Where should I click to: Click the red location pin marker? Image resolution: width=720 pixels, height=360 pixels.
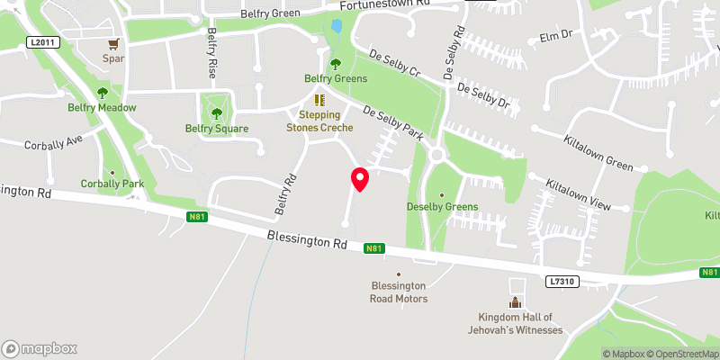(x=360, y=179)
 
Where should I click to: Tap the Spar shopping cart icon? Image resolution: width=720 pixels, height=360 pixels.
(x=113, y=43)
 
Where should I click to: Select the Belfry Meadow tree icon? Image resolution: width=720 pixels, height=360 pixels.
(x=103, y=92)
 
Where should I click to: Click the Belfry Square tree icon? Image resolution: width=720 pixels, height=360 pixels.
(x=216, y=112)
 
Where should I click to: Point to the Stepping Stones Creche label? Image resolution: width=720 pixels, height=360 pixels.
(x=319, y=121)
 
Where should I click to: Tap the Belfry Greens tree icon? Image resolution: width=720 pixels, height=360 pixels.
(x=336, y=64)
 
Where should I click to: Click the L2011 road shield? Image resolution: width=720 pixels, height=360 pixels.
(x=41, y=42)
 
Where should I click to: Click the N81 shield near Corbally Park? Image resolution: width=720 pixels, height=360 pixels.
(x=198, y=217)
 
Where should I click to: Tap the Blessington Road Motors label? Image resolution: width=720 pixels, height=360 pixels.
(x=400, y=292)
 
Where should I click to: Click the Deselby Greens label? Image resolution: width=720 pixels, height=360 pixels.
(x=442, y=206)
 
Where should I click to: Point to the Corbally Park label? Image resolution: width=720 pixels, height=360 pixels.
(x=112, y=184)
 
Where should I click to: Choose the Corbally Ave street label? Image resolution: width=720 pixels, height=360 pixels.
(x=54, y=142)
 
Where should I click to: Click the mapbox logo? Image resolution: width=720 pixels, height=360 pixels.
(x=40, y=348)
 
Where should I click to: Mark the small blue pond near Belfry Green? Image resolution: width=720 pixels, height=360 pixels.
(x=337, y=27)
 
